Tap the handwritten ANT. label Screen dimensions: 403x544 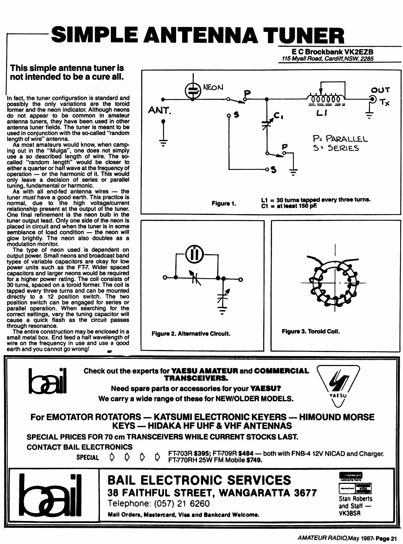coord(159,110)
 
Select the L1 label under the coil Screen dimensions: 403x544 coord(321,113)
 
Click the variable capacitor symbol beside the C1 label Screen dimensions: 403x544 coord(267,122)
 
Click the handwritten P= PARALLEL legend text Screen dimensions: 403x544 coord(340,139)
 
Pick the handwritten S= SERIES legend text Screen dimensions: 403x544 coord(336,148)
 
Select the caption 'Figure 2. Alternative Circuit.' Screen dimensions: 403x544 coord(191,333)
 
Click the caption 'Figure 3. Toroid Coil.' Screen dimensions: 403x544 coord(311,331)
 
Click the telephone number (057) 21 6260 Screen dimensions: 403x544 coord(182,504)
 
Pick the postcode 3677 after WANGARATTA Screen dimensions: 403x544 coord(304,492)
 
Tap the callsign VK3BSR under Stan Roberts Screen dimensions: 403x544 coord(350,513)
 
